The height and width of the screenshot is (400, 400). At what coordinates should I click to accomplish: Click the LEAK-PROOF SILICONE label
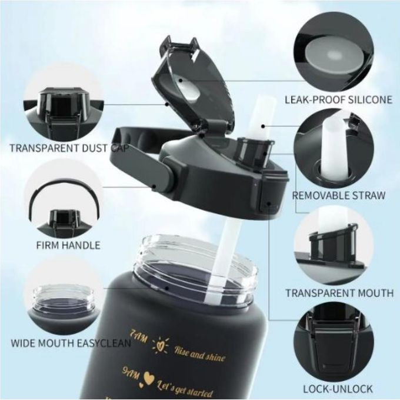338,99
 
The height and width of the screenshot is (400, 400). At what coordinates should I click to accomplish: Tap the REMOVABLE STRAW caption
338,195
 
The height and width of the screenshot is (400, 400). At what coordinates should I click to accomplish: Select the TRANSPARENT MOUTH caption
339,293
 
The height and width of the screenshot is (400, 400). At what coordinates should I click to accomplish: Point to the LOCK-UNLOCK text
338,389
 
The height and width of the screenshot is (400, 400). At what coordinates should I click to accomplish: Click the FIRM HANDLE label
68,245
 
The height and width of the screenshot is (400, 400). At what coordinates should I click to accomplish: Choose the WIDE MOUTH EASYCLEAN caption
71,343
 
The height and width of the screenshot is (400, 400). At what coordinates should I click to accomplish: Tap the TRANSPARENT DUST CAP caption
68,148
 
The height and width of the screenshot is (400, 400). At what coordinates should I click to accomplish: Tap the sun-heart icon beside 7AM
160,346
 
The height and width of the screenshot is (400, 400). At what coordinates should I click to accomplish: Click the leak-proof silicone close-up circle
334,51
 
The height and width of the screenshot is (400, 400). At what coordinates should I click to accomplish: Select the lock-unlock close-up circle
334,342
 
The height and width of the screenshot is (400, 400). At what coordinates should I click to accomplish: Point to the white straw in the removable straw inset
332,148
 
